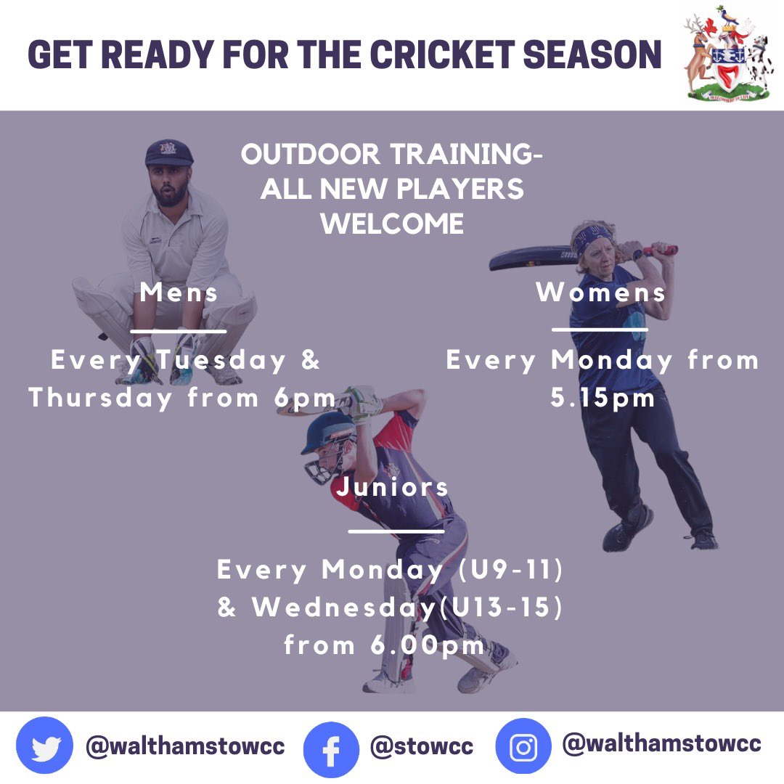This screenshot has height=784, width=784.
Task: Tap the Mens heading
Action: (179, 293)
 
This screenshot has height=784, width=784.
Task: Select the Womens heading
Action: (600, 293)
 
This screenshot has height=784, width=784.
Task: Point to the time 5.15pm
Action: (603, 398)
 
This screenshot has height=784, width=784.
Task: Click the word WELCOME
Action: (392, 224)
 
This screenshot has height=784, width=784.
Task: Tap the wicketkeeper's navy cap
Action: (169, 152)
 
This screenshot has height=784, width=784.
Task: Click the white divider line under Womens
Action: (600, 329)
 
